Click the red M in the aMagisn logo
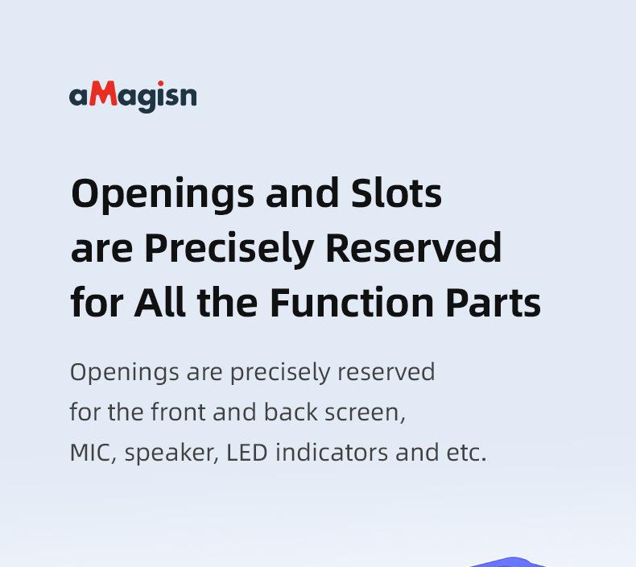click(x=103, y=93)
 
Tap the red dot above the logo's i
click(x=161, y=84)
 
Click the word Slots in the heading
click(x=396, y=193)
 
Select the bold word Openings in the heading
click(x=163, y=195)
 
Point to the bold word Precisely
click(x=229, y=249)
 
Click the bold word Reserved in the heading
click(x=414, y=247)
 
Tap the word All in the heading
click(x=160, y=301)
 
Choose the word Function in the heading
click(x=352, y=302)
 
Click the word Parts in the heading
click(x=494, y=302)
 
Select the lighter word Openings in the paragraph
click(x=125, y=373)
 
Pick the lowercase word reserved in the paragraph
click(x=386, y=371)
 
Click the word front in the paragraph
click(x=178, y=412)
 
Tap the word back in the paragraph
click(x=291, y=412)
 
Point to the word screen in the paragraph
click(x=365, y=413)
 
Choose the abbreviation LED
click(x=246, y=452)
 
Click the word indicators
click(x=332, y=452)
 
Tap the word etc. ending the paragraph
click(x=466, y=453)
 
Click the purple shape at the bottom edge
click(x=511, y=563)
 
